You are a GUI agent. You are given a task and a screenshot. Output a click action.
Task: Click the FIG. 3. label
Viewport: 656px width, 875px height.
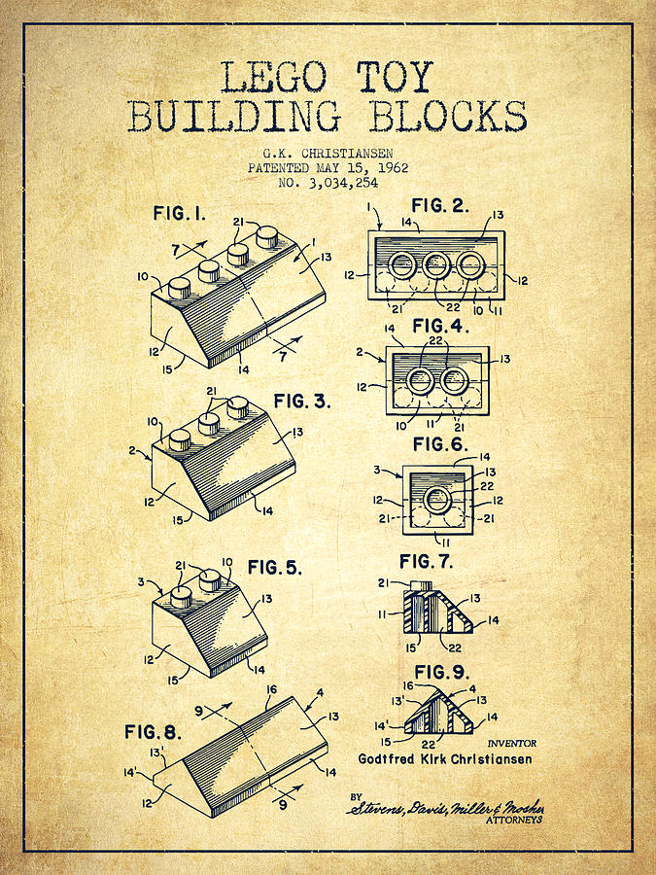pyautogui.click(x=302, y=401)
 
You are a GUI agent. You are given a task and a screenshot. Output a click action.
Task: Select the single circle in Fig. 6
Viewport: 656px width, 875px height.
pyautogui.click(x=436, y=500)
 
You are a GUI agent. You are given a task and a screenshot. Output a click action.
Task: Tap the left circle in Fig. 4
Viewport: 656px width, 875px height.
pyautogui.click(x=421, y=380)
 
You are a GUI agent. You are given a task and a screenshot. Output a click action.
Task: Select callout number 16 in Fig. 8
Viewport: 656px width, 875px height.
pyautogui.click(x=273, y=689)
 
